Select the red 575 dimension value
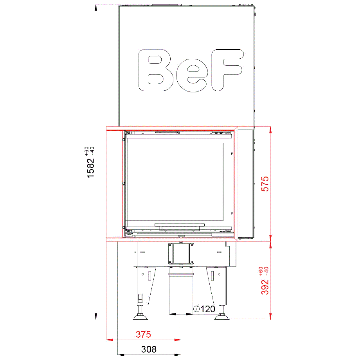[265, 184]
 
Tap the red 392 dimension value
[265, 287]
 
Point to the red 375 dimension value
[144, 334]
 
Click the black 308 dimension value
[149, 349]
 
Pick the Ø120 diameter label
[204, 309]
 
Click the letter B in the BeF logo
[155, 70]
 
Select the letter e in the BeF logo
[192, 76]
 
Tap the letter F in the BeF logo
[227, 70]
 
